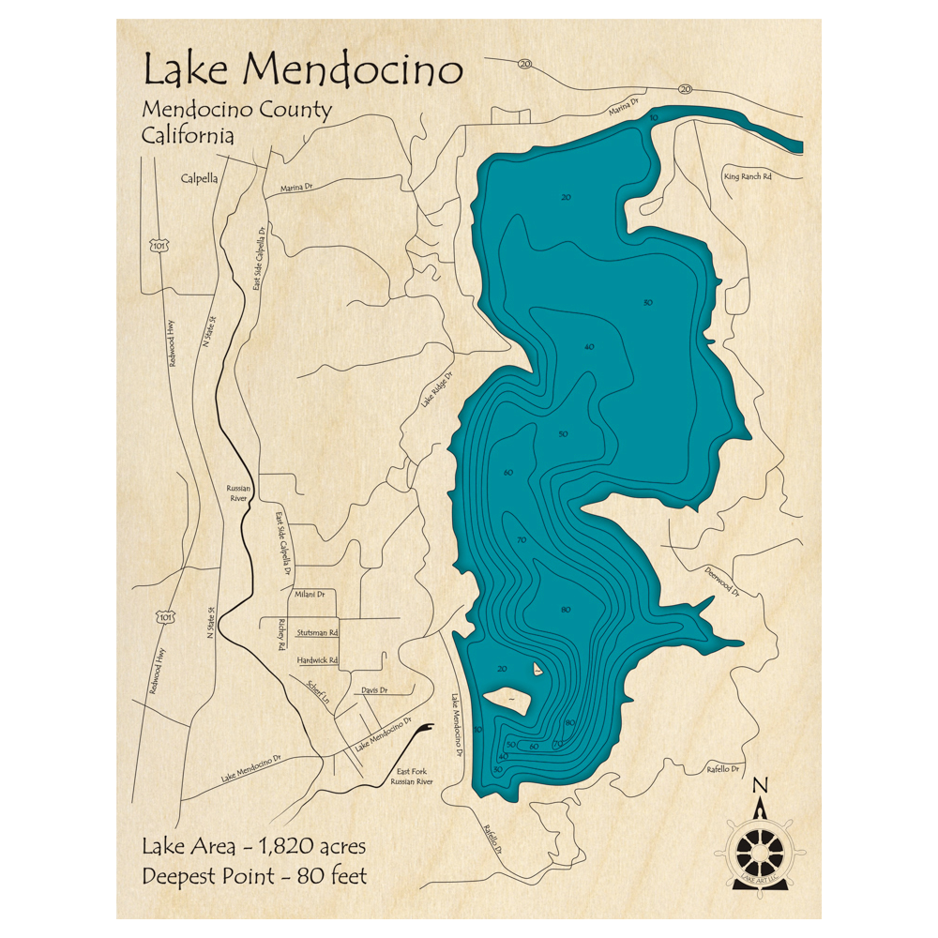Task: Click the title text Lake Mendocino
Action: coord(302,69)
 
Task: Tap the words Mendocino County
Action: coord(236,110)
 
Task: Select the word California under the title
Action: coord(188,135)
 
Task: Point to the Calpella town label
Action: coord(199,176)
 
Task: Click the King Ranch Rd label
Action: coord(747,176)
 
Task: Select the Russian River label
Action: coord(236,493)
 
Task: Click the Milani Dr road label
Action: coord(309,594)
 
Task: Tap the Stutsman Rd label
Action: coord(316,633)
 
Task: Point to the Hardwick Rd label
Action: coord(316,660)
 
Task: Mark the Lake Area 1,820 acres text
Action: coord(253,847)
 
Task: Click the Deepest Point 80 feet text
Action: coord(254,877)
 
